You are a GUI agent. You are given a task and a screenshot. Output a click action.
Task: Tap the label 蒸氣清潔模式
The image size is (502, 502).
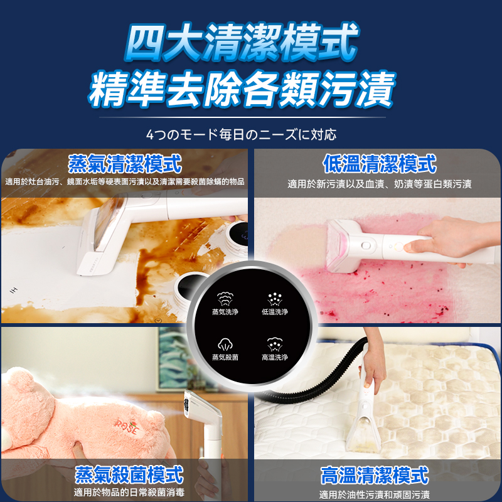coord(125,164)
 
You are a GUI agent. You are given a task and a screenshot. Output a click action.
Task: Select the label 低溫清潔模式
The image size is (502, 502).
coord(379,164)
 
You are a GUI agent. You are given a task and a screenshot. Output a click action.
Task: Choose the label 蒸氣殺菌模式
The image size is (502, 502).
coord(129,474)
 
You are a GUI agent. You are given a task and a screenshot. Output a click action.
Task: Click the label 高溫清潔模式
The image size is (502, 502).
coord(375,475)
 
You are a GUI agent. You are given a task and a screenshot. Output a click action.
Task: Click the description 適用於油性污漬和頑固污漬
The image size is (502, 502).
coord(375,494)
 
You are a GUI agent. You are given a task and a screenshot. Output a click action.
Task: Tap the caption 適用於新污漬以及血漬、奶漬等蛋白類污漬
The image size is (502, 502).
coord(379,184)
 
